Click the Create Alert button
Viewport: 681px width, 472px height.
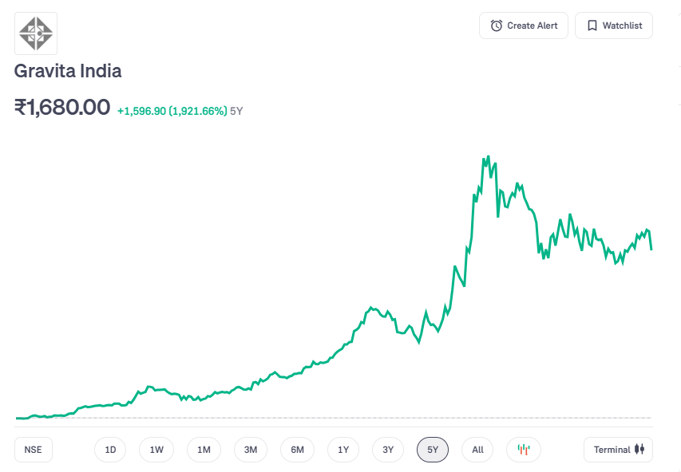coord(524,26)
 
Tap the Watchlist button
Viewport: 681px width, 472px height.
coord(614,26)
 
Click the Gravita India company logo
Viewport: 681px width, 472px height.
coord(36,33)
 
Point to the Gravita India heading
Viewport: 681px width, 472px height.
coord(68,71)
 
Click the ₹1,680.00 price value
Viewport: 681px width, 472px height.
coord(62,107)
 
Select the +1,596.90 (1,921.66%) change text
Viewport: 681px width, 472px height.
coord(172,111)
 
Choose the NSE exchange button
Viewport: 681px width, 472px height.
coord(33,450)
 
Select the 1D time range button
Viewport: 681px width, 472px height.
coord(110,450)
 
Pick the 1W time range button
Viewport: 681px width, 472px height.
coord(156,450)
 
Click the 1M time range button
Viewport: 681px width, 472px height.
coord(204,450)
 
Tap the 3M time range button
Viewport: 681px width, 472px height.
coord(251,450)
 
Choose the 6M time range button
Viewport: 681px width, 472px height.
coord(297,450)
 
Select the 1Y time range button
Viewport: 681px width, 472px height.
coord(343,450)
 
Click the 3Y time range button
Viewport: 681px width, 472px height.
coord(388,450)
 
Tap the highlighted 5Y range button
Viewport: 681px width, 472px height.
coord(433,450)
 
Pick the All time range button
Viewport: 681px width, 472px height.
coord(477,450)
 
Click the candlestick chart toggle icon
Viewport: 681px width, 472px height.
coord(524,450)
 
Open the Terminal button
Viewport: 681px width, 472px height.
coord(619,450)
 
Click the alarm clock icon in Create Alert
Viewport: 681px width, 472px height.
coord(497,26)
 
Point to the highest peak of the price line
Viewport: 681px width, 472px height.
coord(488,157)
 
